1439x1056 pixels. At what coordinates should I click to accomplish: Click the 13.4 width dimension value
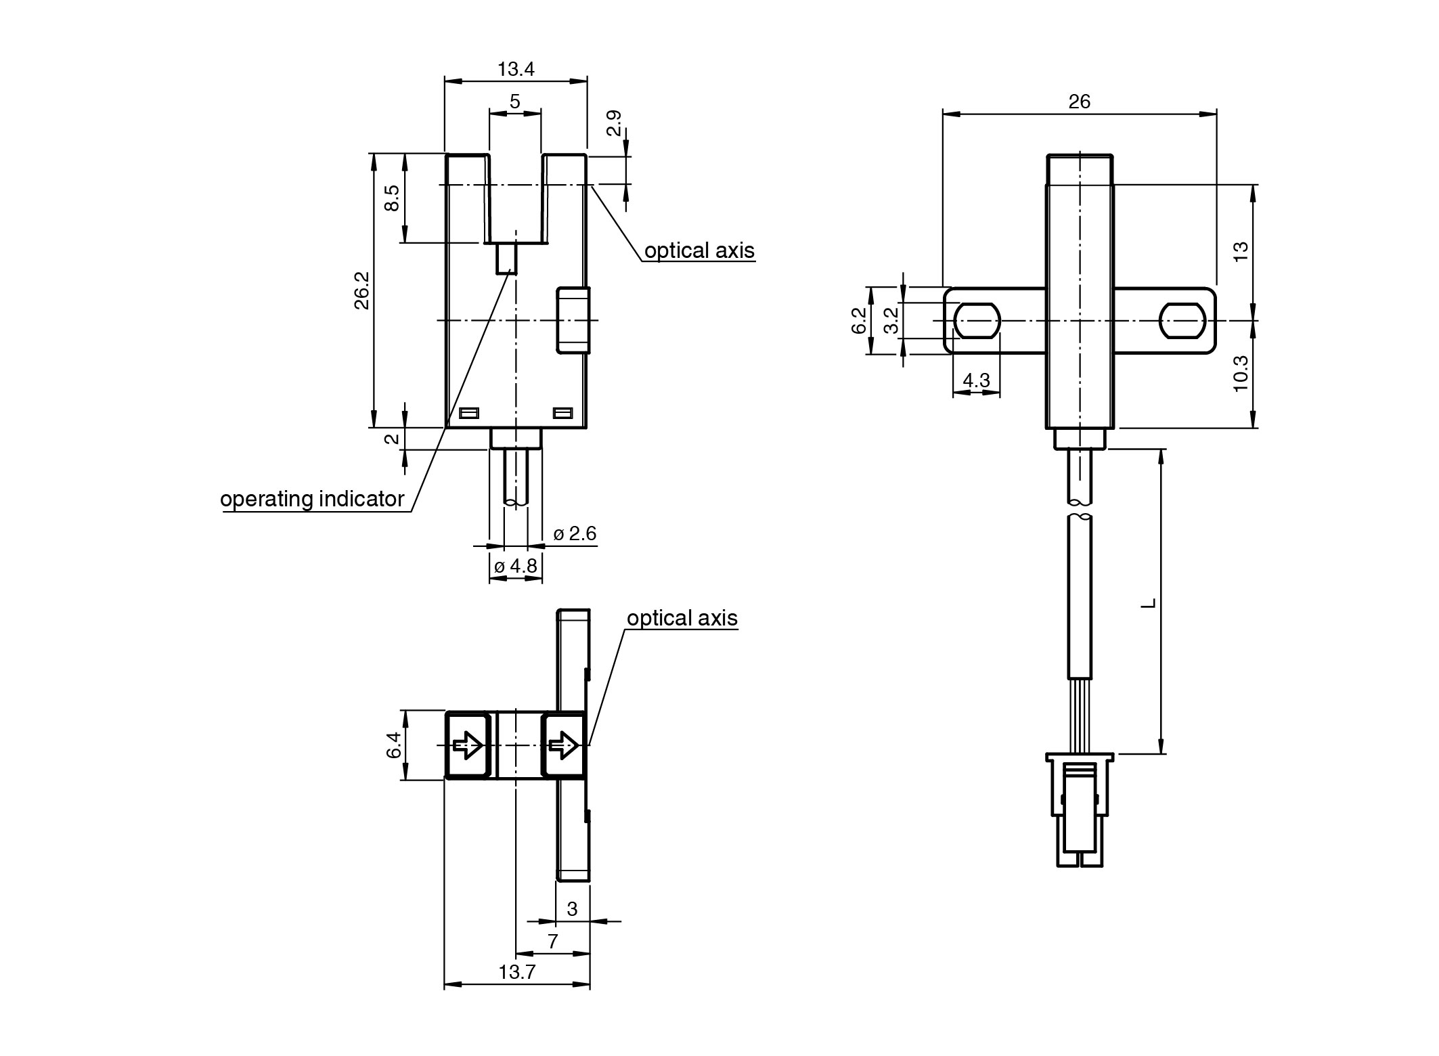point(516,69)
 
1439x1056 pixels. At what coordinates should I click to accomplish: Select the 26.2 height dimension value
point(362,290)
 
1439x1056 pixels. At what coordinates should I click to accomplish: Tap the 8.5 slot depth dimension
point(393,198)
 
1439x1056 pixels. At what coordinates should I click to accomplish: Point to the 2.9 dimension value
point(614,123)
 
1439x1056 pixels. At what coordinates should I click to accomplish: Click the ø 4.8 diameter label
point(516,566)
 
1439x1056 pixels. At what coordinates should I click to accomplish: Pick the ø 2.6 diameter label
point(575,533)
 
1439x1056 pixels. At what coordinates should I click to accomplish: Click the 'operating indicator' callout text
point(312,499)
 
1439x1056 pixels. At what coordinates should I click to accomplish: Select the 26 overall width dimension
point(1080,102)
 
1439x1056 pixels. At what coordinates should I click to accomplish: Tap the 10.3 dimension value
point(1240,373)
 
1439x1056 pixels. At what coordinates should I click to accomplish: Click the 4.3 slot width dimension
point(976,380)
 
